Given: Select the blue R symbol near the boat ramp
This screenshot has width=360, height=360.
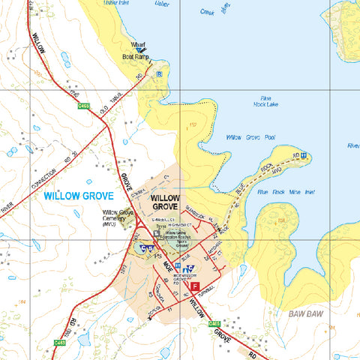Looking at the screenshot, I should tap(159, 73).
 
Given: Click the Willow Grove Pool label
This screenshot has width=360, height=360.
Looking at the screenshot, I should tap(250, 138).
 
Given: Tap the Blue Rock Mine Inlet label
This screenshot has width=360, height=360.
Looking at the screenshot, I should tap(286, 192).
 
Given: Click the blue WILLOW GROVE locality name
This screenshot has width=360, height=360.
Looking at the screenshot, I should tap(78, 196).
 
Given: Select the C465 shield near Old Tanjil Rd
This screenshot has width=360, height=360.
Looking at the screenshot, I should tap(85, 107).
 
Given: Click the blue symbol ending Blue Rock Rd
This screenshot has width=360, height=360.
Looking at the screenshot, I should tap(304, 156).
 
